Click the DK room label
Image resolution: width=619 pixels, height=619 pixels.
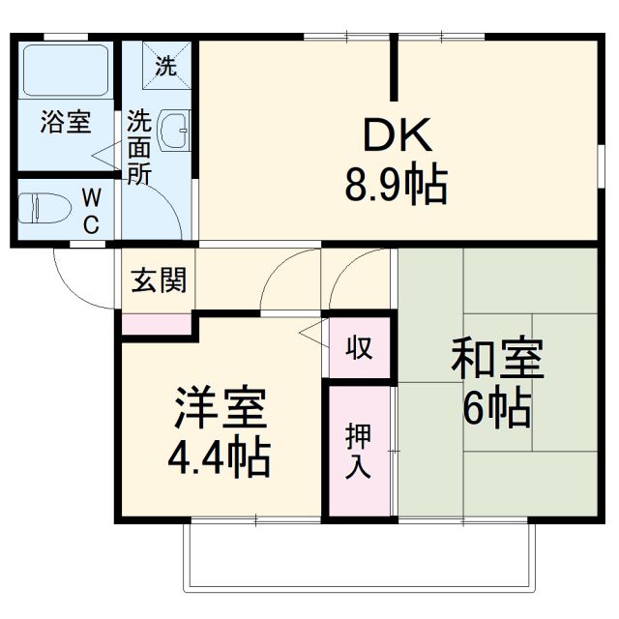tap(396, 137)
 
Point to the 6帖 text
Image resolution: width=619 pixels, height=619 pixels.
tap(496, 409)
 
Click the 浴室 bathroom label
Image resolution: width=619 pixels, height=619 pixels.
tap(65, 123)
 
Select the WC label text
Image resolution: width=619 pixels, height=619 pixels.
tap(90, 210)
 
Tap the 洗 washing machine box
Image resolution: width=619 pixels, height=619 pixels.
tap(166, 66)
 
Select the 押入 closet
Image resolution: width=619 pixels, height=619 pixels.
tap(358, 450)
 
